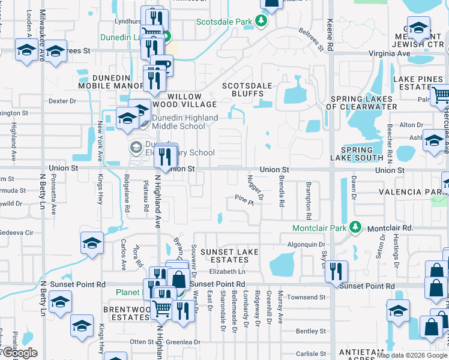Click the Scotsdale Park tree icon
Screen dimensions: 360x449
261,22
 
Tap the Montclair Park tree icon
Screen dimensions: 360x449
356,228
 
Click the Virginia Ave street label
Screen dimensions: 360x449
389,53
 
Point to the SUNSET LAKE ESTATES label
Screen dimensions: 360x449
224,256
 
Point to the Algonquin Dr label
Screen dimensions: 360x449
306,245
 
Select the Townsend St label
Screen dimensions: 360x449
306,298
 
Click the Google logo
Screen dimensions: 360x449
20,352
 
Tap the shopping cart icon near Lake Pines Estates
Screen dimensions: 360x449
441,94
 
